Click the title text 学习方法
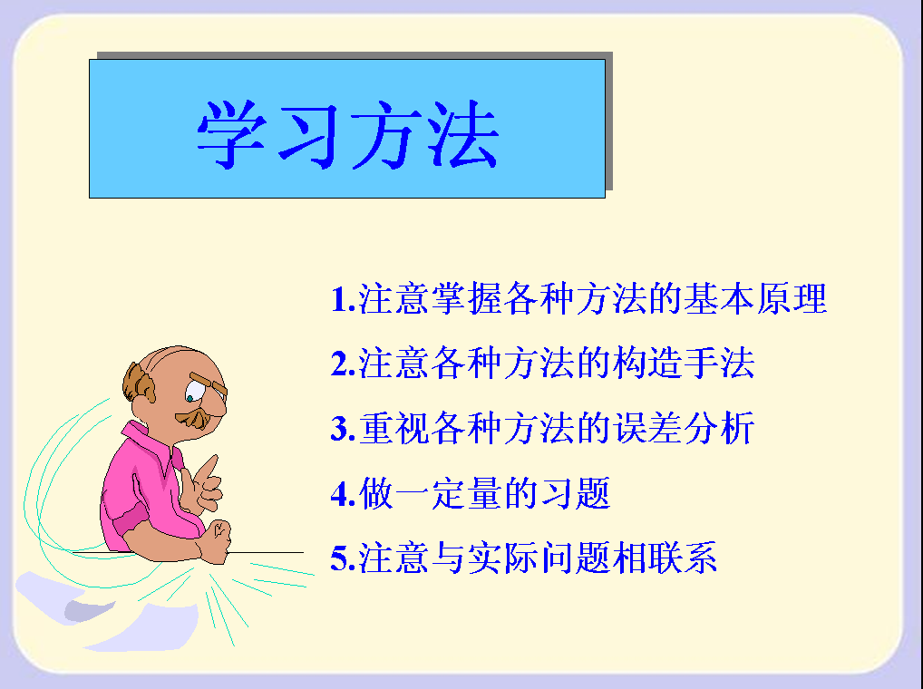(x=348, y=134)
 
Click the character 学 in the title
(x=231, y=134)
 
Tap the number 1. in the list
(x=344, y=299)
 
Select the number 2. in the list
(x=344, y=364)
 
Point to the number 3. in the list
(x=344, y=428)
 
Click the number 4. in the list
(x=344, y=494)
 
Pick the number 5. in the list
(x=344, y=558)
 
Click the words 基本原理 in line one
(x=755, y=298)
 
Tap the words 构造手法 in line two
(x=684, y=363)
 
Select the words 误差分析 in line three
(x=684, y=428)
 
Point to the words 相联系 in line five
(x=665, y=558)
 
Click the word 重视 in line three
(x=394, y=428)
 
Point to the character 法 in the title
(x=463, y=134)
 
